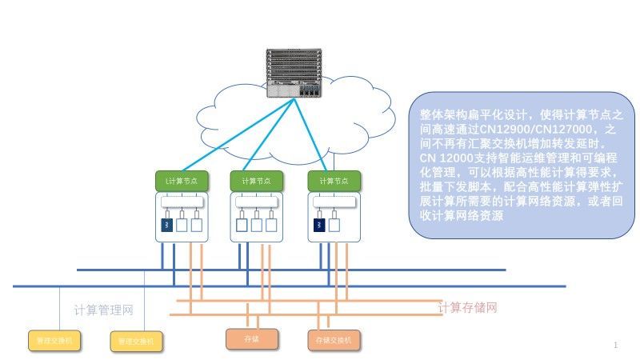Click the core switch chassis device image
tap(294, 74)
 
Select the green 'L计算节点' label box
tap(181, 180)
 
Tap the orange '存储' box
tap(251, 339)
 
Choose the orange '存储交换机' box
tap(334, 340)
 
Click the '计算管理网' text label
tap(103, 310)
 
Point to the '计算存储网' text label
tap(468, 307)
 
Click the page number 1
tap(615, 345)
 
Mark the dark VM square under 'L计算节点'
tap(167, 226)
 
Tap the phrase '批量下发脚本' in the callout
tap(448, 187)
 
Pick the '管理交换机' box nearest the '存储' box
tap(136, 342)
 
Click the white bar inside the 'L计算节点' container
tap(183, 203)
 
